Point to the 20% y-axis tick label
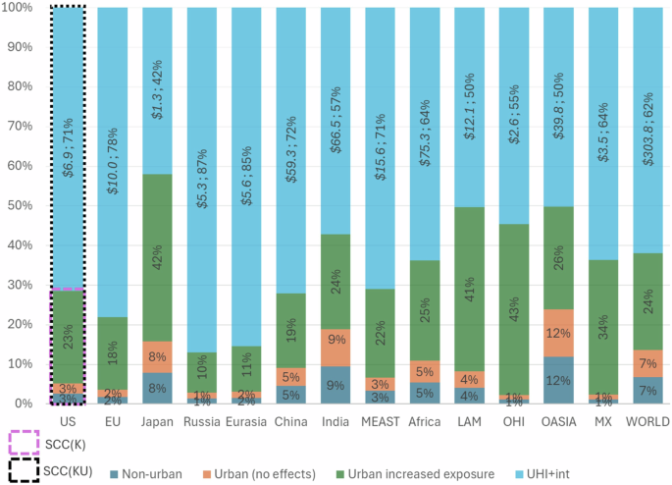coord(20,324)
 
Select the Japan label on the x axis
coord(157,421)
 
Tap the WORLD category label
coord(646,421)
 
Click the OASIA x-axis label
coord(557,421)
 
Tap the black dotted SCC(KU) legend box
coord(24,469)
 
